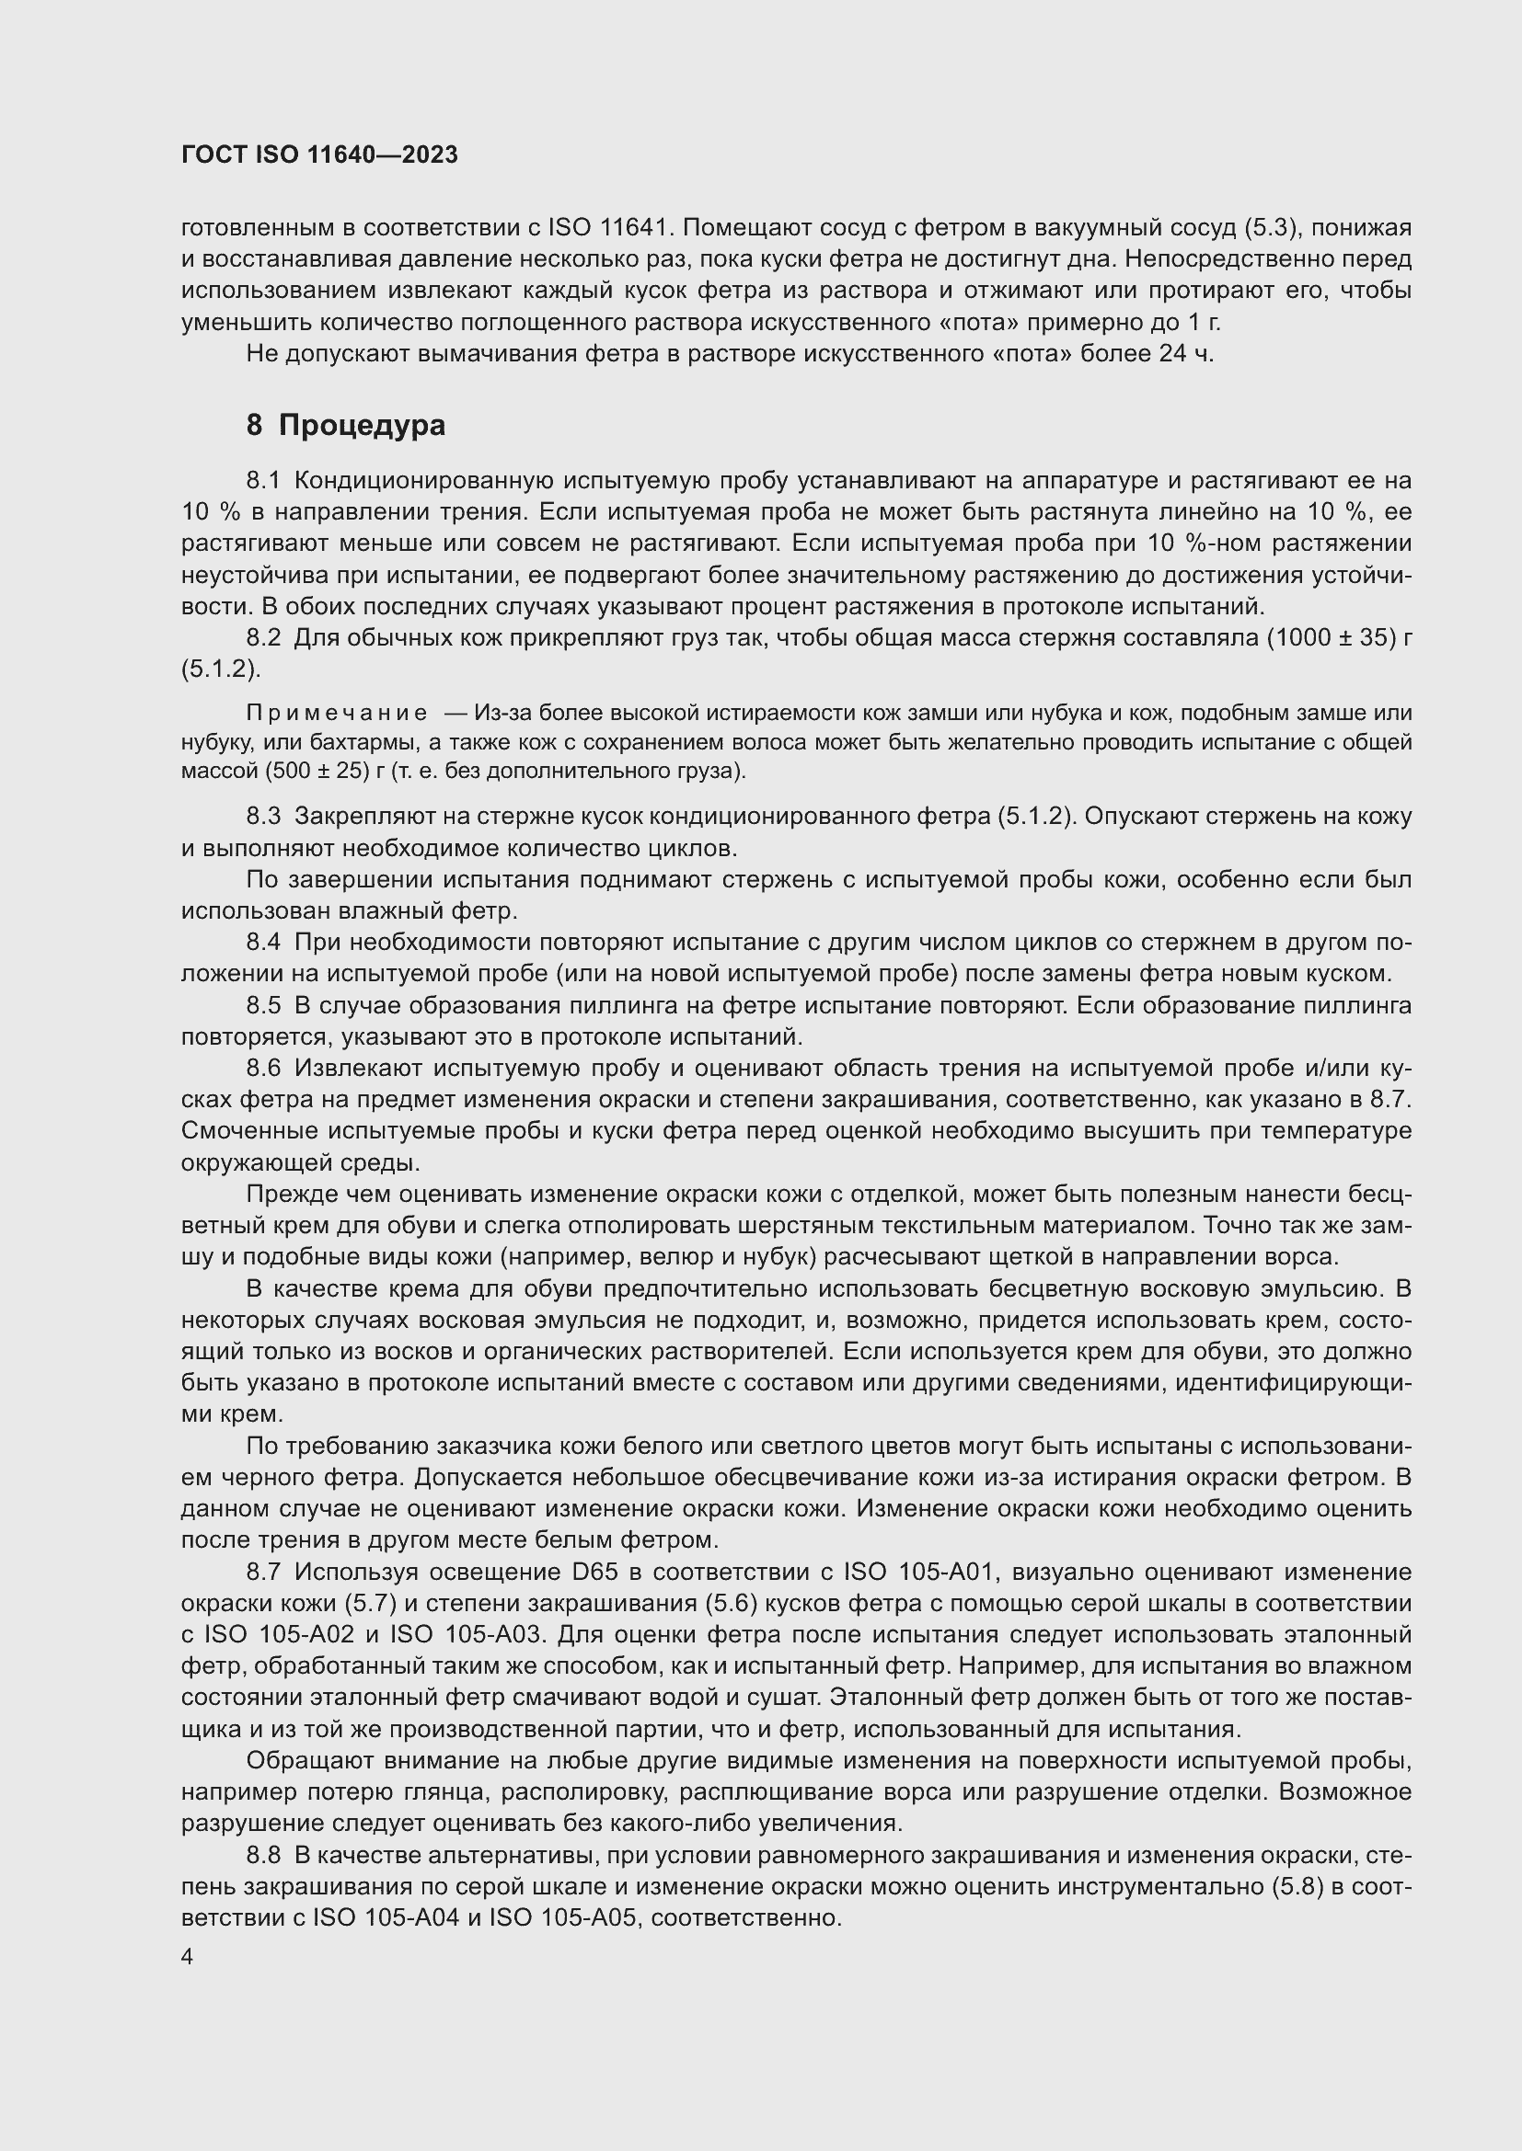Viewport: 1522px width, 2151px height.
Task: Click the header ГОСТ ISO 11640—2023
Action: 319,155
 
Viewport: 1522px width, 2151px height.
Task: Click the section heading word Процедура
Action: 362,426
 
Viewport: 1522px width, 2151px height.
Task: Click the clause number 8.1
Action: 263,481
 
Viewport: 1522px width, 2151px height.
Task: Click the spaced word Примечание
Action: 337,713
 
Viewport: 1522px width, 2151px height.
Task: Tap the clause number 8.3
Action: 263,816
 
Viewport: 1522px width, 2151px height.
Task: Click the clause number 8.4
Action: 263,942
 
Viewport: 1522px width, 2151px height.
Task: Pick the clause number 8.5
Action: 263,1005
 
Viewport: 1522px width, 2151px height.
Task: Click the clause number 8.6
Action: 263,1068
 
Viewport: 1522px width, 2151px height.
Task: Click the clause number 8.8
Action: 263,1854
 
